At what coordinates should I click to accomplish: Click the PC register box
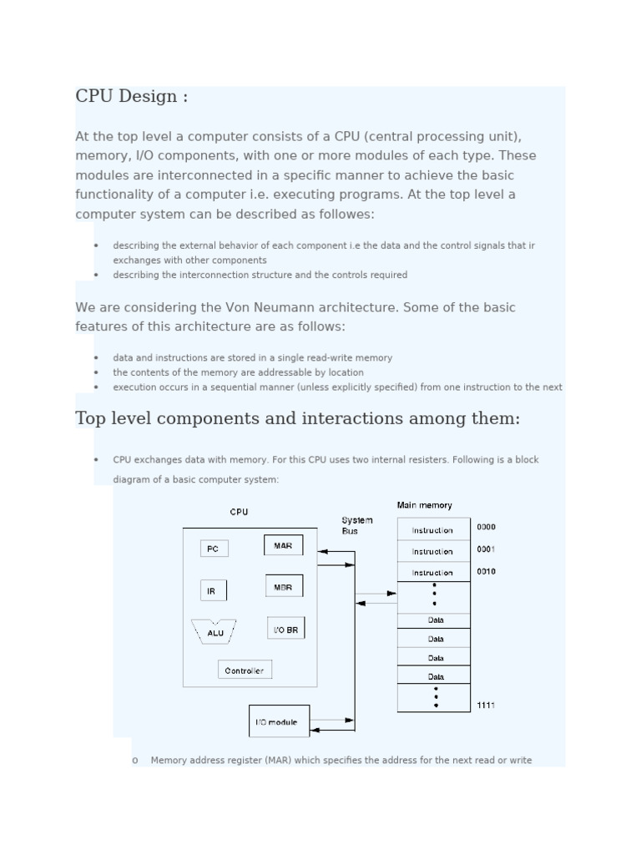pos(214,549)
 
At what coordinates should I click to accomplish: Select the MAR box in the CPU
pos(283,545)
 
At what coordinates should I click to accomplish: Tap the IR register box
pos(213,591)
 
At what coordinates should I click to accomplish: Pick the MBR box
pos(284,586)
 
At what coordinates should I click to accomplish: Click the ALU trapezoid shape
pos(215,632)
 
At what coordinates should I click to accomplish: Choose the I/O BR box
pos(285,629)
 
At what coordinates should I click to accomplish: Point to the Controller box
pos(245,670)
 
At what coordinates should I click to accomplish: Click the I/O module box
pos(278,721)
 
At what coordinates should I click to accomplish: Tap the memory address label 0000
pos(486,527)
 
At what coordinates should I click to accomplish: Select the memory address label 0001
pos(486,549)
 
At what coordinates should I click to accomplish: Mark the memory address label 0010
pos(486,572)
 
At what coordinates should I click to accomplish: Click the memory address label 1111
pos(486,706)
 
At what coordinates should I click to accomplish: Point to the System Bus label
pos(356,525)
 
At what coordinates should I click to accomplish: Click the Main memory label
pos(424,505)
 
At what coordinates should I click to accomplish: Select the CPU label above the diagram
pos(239,512)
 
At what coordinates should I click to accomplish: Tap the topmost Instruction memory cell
pos(432,530)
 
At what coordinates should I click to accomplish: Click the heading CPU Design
pos(131,96)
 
